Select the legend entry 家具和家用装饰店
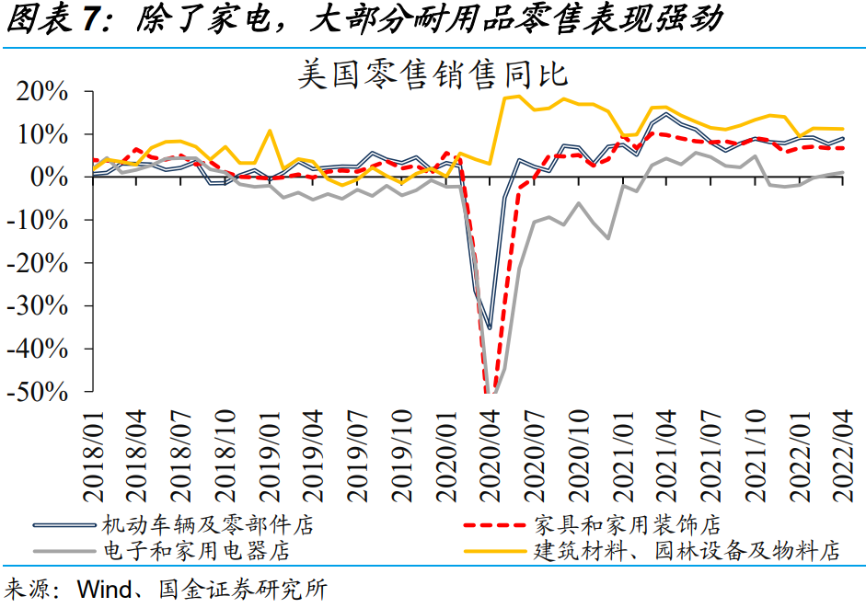point(627,525)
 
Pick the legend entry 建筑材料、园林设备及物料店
point(687,552)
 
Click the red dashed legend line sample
point(496,525)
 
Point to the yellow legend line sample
point(496,552)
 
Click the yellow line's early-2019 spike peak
point(270,131)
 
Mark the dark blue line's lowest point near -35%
point(490,328)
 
